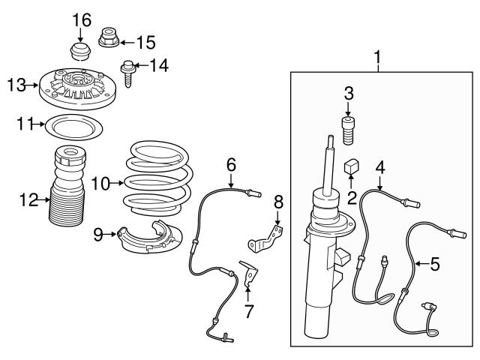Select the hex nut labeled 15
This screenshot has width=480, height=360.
click(x=108, y=37)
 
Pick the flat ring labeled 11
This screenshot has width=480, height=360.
click(x=73, y=126)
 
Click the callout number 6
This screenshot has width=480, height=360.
click(x=231, y=163)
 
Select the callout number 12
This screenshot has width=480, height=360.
click(x=29, y=199)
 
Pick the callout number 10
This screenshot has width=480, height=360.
click(x=100, y=181)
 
